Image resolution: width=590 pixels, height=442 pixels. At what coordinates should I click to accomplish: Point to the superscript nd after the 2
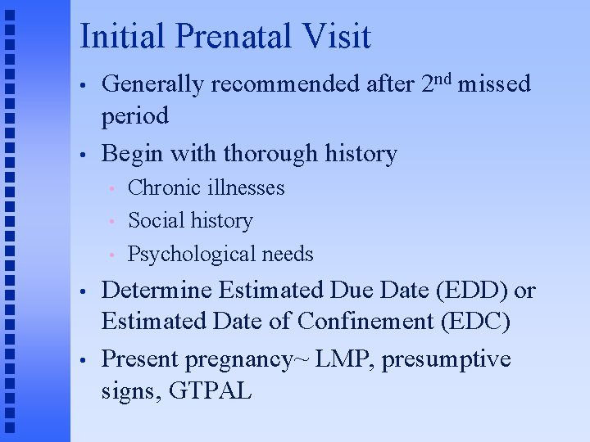(x=448, y=78)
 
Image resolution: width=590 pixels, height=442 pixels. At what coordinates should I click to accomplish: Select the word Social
(x=156, y=220)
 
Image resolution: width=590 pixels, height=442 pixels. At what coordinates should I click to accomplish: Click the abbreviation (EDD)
(x=467, y=291)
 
